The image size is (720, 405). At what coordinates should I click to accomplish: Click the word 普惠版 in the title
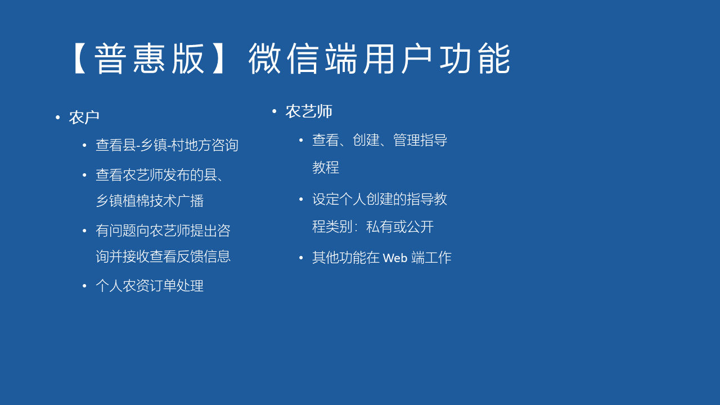pos(150,58)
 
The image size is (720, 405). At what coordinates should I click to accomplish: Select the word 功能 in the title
pos(475,58)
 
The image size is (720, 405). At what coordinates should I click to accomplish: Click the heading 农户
pos(84,118)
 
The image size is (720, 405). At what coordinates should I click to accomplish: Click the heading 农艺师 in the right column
pos(309,111)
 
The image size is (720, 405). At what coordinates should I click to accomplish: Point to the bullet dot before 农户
pos(57,118)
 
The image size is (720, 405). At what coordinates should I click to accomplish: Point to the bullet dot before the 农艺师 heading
pos(274,111)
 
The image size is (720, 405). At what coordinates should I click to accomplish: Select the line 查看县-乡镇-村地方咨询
pos(167,145)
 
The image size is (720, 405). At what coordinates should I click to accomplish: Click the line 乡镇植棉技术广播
pos(150,201)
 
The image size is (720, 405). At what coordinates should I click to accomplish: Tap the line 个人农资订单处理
pos(150,286)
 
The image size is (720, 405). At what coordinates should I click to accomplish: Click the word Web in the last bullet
pos(395,258)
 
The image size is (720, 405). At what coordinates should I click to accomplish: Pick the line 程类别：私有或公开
pos(373,227)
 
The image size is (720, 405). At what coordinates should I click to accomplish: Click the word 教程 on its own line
pos(326,168)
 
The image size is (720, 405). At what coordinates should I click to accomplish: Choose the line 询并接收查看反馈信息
pos(163,256)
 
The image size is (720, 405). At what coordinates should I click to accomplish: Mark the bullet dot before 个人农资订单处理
pos(84,286)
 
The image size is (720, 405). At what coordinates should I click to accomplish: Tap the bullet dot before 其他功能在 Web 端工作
pos(301,258)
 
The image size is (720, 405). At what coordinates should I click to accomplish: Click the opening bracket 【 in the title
pos(80,59)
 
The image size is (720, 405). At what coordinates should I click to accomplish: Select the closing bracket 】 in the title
pos(218,59)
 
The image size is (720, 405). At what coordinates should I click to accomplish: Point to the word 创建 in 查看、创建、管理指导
pos(366,140)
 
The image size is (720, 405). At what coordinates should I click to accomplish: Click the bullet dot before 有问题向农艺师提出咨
pos(84,231)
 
